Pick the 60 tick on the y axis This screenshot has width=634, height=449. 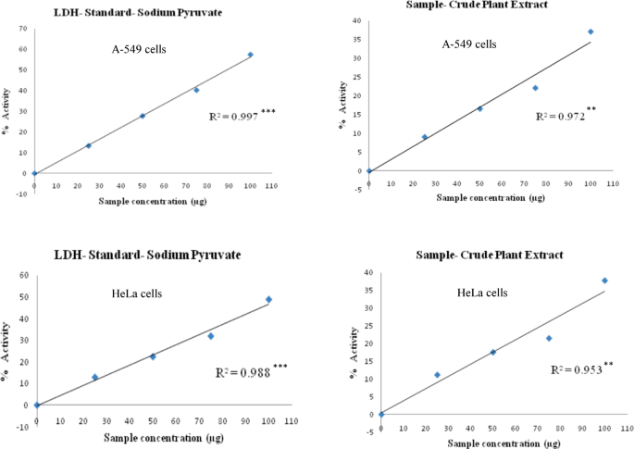(x=23, y=275)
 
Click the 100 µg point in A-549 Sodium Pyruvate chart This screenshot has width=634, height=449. (x=250, y=55)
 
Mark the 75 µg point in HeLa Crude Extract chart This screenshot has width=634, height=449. (x=549, y=338)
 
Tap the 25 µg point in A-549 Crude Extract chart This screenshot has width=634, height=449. (x=424, y=137)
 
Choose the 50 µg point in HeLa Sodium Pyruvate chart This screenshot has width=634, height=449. (x=153, y=356)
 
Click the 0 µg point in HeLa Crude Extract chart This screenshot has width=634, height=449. (x=381, y=414)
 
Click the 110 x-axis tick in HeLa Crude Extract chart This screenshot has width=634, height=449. (x=627, y=429)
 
